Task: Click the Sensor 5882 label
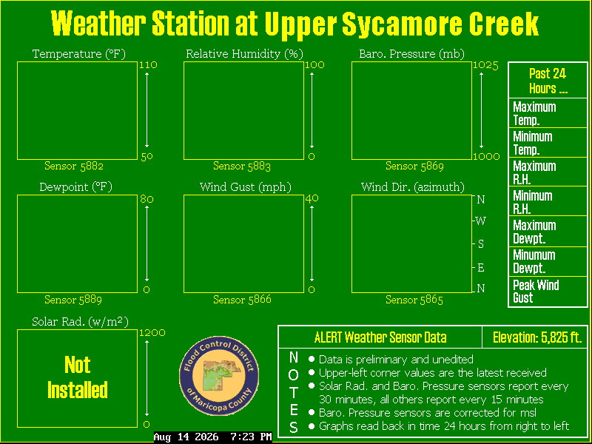(74, 166)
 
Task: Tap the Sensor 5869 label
(414, 166)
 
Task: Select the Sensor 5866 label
(242, 300)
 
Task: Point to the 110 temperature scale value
(148, 65)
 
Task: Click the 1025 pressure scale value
(485, 65)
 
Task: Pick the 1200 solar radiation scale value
(152, 332)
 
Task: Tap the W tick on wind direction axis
(480, 221)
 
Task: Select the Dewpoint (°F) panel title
(76, 187)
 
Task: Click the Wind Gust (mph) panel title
(246, 187)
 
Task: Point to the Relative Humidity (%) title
(244, 54)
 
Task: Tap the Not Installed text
(78, 377)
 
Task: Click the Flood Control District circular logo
(219, 376)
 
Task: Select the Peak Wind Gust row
(548, 292)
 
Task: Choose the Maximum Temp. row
(548, 113)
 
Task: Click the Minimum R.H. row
(548, 201)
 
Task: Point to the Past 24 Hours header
(548, 81)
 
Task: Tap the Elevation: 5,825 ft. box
(535, 337)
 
